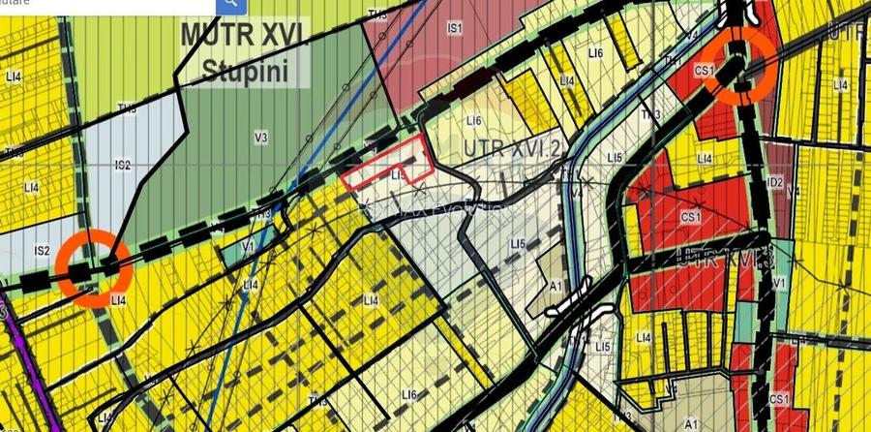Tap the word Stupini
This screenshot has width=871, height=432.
[x=244, y=71]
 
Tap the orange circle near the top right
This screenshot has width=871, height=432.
[x=739, y=65]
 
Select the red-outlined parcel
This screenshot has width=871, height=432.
[x=387, y=163]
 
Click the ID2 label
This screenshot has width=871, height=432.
[x=774, y=181]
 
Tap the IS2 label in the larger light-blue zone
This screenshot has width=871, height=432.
[x=122, y=166]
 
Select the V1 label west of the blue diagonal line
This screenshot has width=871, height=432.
[x=247, y=248]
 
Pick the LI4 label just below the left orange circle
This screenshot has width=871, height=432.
[x=119, y=301]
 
